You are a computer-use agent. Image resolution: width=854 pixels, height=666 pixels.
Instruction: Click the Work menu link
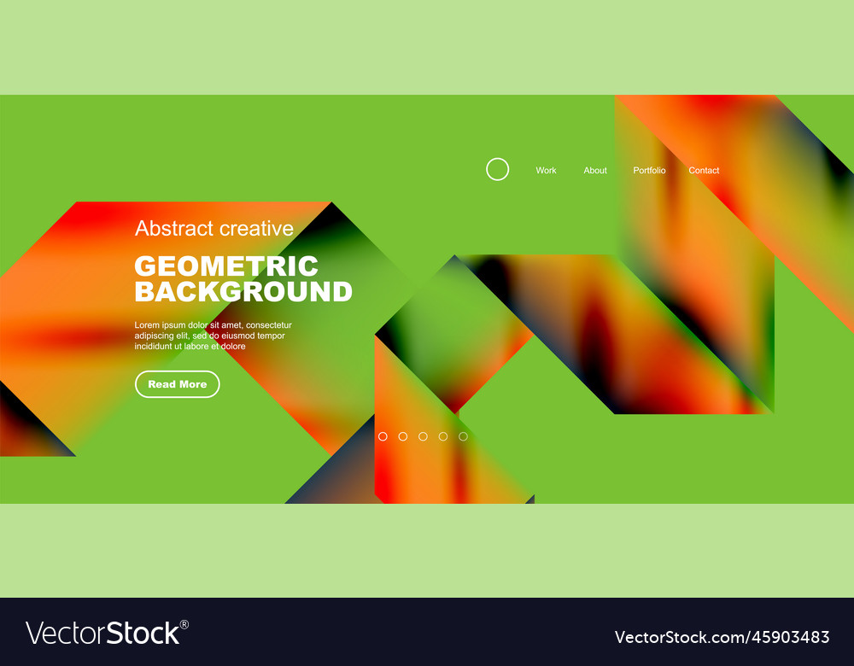[x=546, y=171]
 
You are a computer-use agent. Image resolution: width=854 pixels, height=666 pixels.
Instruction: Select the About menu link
[x=595, y=171]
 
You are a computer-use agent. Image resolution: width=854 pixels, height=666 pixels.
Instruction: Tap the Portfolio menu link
[x=649, y=171]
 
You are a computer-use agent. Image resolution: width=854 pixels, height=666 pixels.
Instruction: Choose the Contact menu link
[x=704, y=171]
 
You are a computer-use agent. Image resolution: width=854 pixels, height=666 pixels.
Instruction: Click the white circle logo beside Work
[x=497, y=169]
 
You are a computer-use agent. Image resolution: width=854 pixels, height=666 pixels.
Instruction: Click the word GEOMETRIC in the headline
[x=226, y=266]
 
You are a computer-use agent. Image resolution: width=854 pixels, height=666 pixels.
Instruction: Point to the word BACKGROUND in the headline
[x=243, y=292]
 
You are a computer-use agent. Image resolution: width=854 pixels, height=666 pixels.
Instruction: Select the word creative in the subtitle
[x=256, y=229]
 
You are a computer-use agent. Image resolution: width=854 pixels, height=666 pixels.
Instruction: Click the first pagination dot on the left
[x=383, y=436]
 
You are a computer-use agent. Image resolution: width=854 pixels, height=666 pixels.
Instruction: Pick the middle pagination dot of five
[x=423, y=436]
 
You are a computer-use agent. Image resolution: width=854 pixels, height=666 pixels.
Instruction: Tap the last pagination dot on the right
[x=463, y=436]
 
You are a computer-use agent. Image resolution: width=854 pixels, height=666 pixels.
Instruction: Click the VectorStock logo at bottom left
[x=102, y=633]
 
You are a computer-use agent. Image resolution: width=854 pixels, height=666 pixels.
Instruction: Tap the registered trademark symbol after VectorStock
[x=184, y=624]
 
